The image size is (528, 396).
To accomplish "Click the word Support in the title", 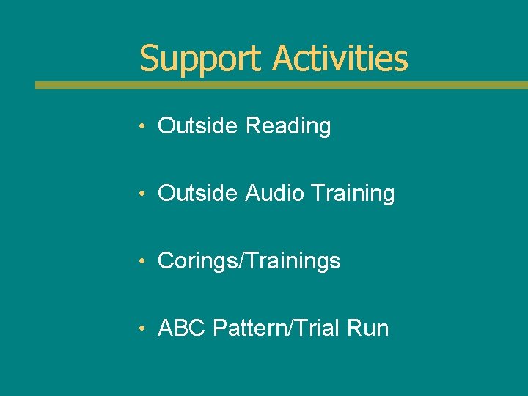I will pos(202,59).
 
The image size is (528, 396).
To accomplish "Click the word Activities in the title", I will pos(340,59).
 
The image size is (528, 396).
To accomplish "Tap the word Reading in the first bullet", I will pos(288,126).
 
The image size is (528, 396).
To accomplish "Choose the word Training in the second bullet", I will pos(353,194).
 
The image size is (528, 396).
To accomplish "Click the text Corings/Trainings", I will pos(249,261).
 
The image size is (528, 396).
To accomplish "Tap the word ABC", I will pos(182,328).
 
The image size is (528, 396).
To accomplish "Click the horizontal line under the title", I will pos(282,85).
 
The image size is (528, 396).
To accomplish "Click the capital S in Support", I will pos(148,59).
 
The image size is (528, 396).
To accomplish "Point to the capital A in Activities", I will pos(282,59).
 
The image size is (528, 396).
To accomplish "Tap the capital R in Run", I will pos(353,328).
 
